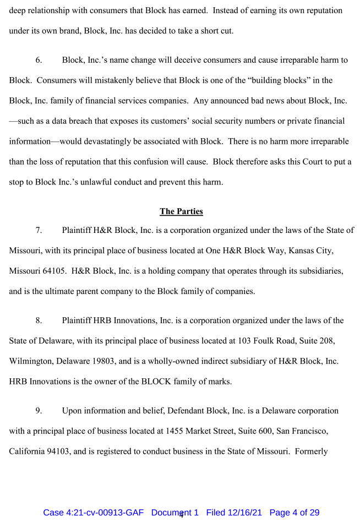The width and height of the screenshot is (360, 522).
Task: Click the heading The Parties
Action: click(181, 211)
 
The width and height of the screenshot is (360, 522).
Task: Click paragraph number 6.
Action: click(39, 60)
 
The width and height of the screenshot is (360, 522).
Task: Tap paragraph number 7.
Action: click(39, 230)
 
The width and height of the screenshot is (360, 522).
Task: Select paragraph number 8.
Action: click(39, 320)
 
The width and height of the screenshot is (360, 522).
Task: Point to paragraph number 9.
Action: click(39, 411)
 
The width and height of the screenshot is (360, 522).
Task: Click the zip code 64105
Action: click(51, 271)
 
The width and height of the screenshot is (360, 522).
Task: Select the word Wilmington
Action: click(30, 361)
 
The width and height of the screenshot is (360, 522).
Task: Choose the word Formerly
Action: click(312, 452)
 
